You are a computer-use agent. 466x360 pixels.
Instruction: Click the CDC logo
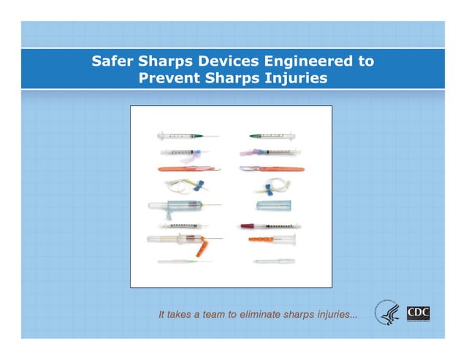pos(419,314)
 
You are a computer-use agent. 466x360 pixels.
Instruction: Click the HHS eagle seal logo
pos(387,313)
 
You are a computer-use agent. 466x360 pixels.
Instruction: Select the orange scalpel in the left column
pos(188,169)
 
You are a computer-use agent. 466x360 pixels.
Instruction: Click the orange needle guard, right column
pos(261,239)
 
